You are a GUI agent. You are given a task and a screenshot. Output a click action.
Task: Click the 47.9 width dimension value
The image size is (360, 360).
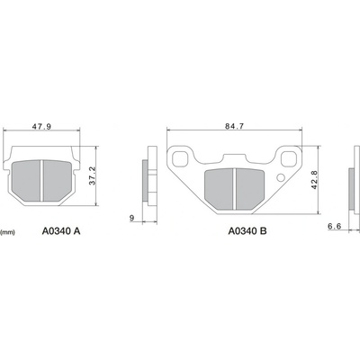pyautogui.click(x=42, y=127)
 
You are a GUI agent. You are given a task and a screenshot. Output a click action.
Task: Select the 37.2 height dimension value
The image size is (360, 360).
pyautogui.click(x=92, y=175)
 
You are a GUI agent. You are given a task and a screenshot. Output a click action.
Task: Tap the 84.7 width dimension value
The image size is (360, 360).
pyautogui.click(x=234, y=126)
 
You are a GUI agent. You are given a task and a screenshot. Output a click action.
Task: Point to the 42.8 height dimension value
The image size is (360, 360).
pyautogui.click(x=314, y=180)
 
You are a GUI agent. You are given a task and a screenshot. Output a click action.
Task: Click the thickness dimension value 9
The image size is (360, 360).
pyautogui.click(x=131, y=218)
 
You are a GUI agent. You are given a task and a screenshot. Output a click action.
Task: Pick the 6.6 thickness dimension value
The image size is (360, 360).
pyautogui.click(x=335, y=227)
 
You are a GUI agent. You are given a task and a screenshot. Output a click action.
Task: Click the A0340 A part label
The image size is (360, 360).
pyautogui.click(x=61, y=231)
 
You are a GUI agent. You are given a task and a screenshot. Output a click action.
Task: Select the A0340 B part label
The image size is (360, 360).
pyautogui.click(x=247, y=231)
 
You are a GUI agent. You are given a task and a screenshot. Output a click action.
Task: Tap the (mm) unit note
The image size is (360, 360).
pyautogui.click(x=8, y=232)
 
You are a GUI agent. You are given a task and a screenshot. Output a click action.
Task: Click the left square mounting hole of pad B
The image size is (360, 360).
pyautogui.click(x=181, y=158)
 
